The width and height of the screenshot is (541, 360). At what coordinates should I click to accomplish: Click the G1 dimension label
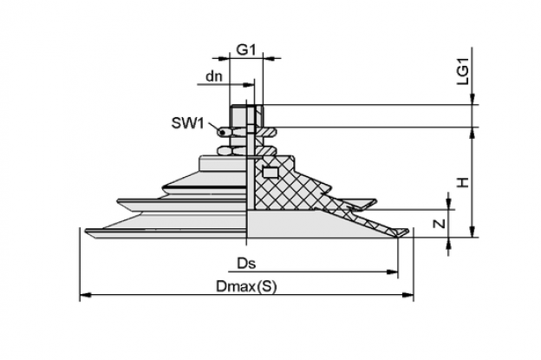(245, 50)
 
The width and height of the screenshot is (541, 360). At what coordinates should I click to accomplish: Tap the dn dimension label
(214, 76)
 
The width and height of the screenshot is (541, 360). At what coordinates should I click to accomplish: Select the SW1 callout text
(188, 123)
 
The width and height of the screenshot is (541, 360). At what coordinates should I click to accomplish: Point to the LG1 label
(463, 71)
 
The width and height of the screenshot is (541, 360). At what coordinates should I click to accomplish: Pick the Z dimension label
(440, 224)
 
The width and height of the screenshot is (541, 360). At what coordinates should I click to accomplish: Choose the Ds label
(246, 264)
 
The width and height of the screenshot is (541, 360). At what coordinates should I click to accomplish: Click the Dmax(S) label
(246, 286)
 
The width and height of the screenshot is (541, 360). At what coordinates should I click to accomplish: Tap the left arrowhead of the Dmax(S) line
(86, 295)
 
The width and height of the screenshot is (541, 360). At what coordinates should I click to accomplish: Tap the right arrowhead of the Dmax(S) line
(408, 295)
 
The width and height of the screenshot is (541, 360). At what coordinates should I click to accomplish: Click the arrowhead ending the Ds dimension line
(393, 272)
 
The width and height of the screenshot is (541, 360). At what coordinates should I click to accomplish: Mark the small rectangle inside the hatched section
(270, 172)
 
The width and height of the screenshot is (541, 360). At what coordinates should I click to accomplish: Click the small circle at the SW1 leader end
(222, 132)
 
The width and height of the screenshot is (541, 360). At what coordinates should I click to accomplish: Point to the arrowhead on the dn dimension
(249, 85)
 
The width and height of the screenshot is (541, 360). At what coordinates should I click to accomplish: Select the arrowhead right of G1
(269, 58)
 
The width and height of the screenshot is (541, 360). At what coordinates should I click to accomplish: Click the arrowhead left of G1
(224, 58)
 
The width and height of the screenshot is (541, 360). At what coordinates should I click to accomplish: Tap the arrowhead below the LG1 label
(473, 98)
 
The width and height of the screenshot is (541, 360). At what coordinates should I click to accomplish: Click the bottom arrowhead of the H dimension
(473, 232)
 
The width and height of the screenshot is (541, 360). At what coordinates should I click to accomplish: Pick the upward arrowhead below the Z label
(448, 244)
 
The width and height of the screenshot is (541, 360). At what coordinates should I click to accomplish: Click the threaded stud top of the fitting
(246, 116)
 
